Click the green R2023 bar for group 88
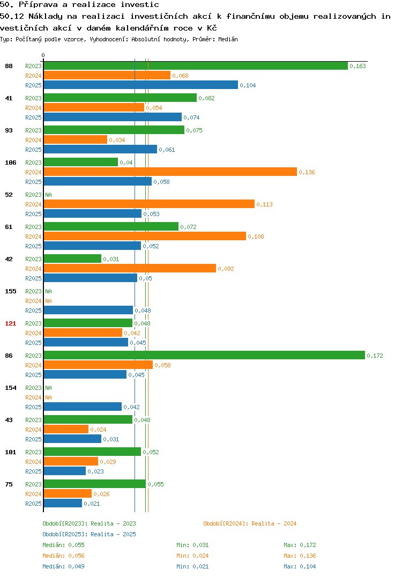coord(196,66)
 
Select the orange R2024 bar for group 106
coord(170,172)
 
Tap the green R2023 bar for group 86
coord(205,355)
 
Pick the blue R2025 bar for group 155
coord(88,311)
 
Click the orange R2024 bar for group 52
coord(149,204)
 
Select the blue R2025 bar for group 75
coord(63,503)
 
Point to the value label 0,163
coord(358,66)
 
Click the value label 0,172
coord(375,356)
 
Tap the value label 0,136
coord(307,172)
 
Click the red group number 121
coord(11,323)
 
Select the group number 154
coord(11,388)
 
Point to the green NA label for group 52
coord(48,195)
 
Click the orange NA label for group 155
coord(48,301)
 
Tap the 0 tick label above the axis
coord(43,55)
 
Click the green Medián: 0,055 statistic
coord(63,545)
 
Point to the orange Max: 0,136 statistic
coord(300,556)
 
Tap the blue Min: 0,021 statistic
coord(192,566)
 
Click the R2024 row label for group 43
coord(33,430)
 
